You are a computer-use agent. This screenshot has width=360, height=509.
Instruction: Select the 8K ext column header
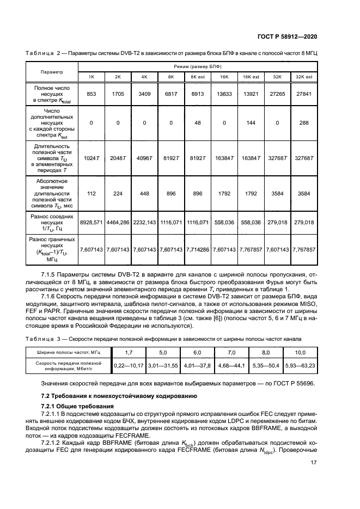click(197, 77)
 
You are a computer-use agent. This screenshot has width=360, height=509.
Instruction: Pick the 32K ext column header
click(303, 77)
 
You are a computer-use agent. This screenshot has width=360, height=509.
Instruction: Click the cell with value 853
click(91, 94)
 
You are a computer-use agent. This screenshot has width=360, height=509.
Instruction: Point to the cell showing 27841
click(303, 94)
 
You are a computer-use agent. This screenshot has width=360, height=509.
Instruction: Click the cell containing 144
click(251, 123)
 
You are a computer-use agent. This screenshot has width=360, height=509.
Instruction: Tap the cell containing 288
click(303, 123)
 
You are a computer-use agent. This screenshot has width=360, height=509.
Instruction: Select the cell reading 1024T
click(91, 158)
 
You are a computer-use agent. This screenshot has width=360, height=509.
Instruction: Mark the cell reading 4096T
click(144, 158)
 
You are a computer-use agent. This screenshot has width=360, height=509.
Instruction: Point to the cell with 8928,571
click(91, 223)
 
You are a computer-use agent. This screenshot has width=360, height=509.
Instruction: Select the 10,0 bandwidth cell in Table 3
click(300, 353)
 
